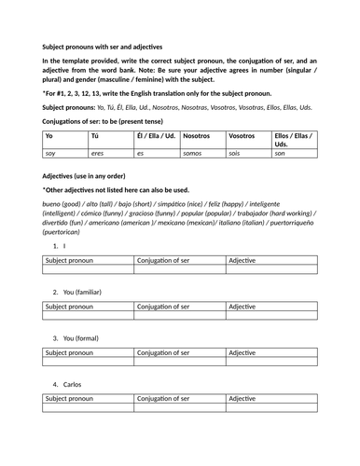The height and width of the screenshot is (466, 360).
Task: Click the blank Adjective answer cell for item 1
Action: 271,270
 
